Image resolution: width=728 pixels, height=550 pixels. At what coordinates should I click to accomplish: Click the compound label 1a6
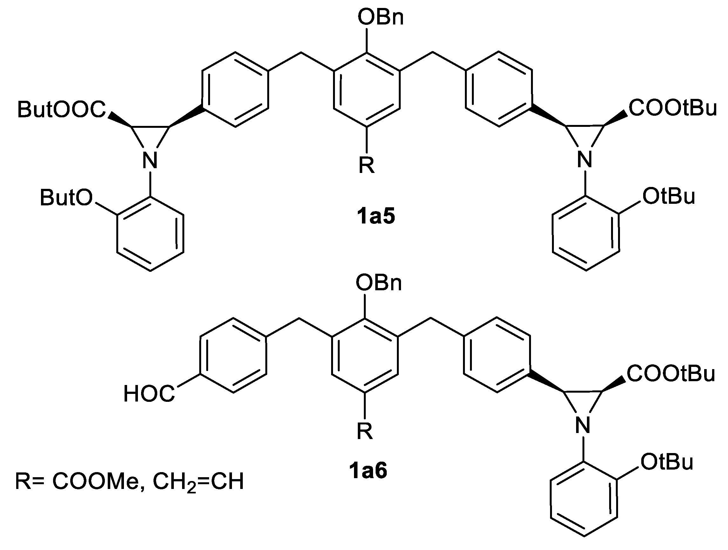(368, 471)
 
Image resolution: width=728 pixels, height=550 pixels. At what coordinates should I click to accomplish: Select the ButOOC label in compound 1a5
(62, 109)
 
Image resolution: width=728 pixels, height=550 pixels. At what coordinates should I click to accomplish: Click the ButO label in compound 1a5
(66, 198)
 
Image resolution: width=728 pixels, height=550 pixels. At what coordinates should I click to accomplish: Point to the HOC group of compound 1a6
(149, 394)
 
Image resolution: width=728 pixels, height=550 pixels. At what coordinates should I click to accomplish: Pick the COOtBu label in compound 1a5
(672, 108)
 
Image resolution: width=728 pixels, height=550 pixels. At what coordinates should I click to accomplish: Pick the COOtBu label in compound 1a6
(671, 374)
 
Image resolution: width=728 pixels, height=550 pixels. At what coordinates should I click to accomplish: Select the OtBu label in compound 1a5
(669, 196)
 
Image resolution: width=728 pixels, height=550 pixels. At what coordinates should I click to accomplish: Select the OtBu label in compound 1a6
(667, 462)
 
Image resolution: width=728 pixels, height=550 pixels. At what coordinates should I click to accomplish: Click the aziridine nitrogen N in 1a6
(583, 425)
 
